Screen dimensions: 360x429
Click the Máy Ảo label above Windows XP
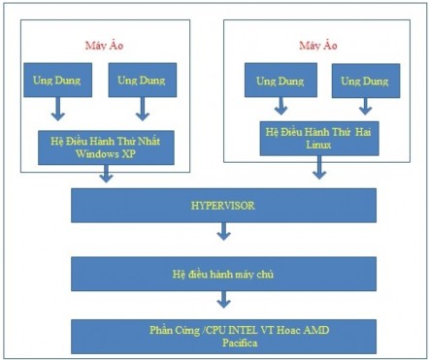click(x=108, y=46)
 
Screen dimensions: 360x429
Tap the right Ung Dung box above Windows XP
click(x=142, y=80)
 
